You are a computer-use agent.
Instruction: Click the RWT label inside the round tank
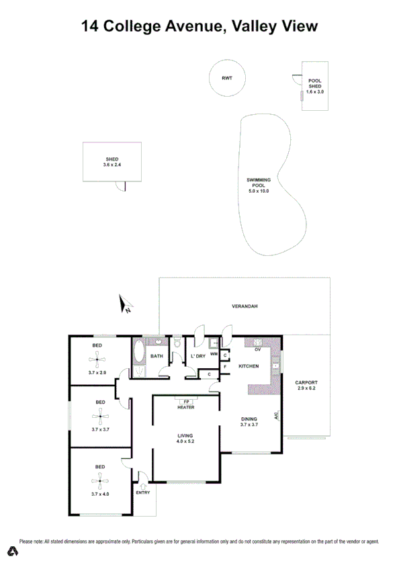click(x=226, y=79)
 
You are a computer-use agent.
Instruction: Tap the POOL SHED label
click(x=315, y=84)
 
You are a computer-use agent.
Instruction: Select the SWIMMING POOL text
click(x=259, y=183)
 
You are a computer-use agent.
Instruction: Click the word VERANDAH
click(x=245, y=306)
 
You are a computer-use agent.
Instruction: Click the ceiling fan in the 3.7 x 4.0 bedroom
click(x=99, y=480)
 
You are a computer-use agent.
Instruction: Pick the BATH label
click(x=157, y=356)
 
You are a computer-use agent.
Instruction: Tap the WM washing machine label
click(x=214, y=354)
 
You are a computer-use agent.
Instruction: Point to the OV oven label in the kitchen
click(x=257, y=349)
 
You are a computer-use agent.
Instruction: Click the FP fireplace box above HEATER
click(x=186, y=401)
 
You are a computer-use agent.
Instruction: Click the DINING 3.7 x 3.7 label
click(x=250, y=422)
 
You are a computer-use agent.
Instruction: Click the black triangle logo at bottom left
click(x=13, y=552)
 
